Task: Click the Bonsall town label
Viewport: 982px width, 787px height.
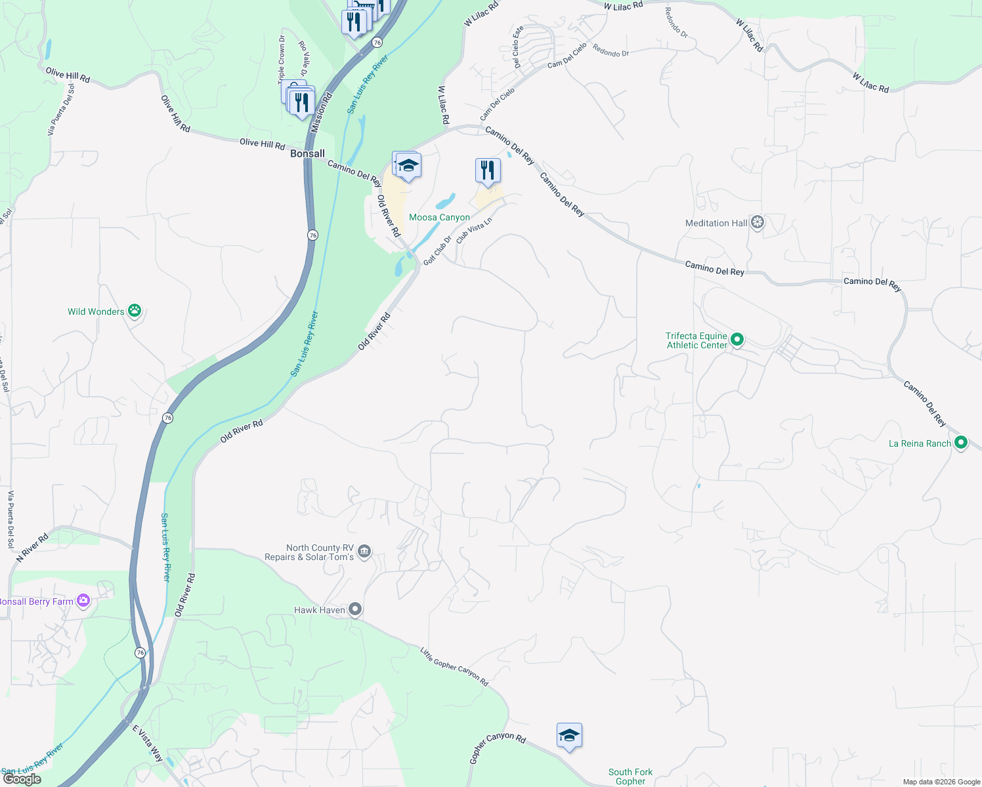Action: [x=307, y=153]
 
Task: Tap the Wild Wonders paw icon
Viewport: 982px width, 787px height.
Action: [x=135, y=311]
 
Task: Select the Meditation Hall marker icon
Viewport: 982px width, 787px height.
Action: [x=758, y=223]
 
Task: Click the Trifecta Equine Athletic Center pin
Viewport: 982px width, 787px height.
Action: [x=737, y=340]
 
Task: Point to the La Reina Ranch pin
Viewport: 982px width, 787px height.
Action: [x=961, y=443]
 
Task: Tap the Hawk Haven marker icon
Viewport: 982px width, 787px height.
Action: [x=355, y=610]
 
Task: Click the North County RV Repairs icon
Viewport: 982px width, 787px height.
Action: [x=365, y=552]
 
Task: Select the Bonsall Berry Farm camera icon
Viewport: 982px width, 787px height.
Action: [x=83, y=601]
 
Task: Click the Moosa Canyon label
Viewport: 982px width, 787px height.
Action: [x=439, y=217]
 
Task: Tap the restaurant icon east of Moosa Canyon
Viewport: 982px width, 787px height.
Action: [x=487, y=171]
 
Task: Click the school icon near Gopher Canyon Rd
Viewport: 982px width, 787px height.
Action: [x=569, y=736]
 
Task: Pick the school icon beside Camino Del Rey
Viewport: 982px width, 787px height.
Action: [x=408, y=165]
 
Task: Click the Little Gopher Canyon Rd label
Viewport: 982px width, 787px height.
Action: [x=454, y=667]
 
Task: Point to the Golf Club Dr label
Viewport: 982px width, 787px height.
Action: [x=437, y=251]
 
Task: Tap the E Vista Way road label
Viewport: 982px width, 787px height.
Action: [x=148, y=743]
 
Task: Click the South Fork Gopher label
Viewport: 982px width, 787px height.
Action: [x=630, y=777]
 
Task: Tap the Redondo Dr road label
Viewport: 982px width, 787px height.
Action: [x=610, y=50]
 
